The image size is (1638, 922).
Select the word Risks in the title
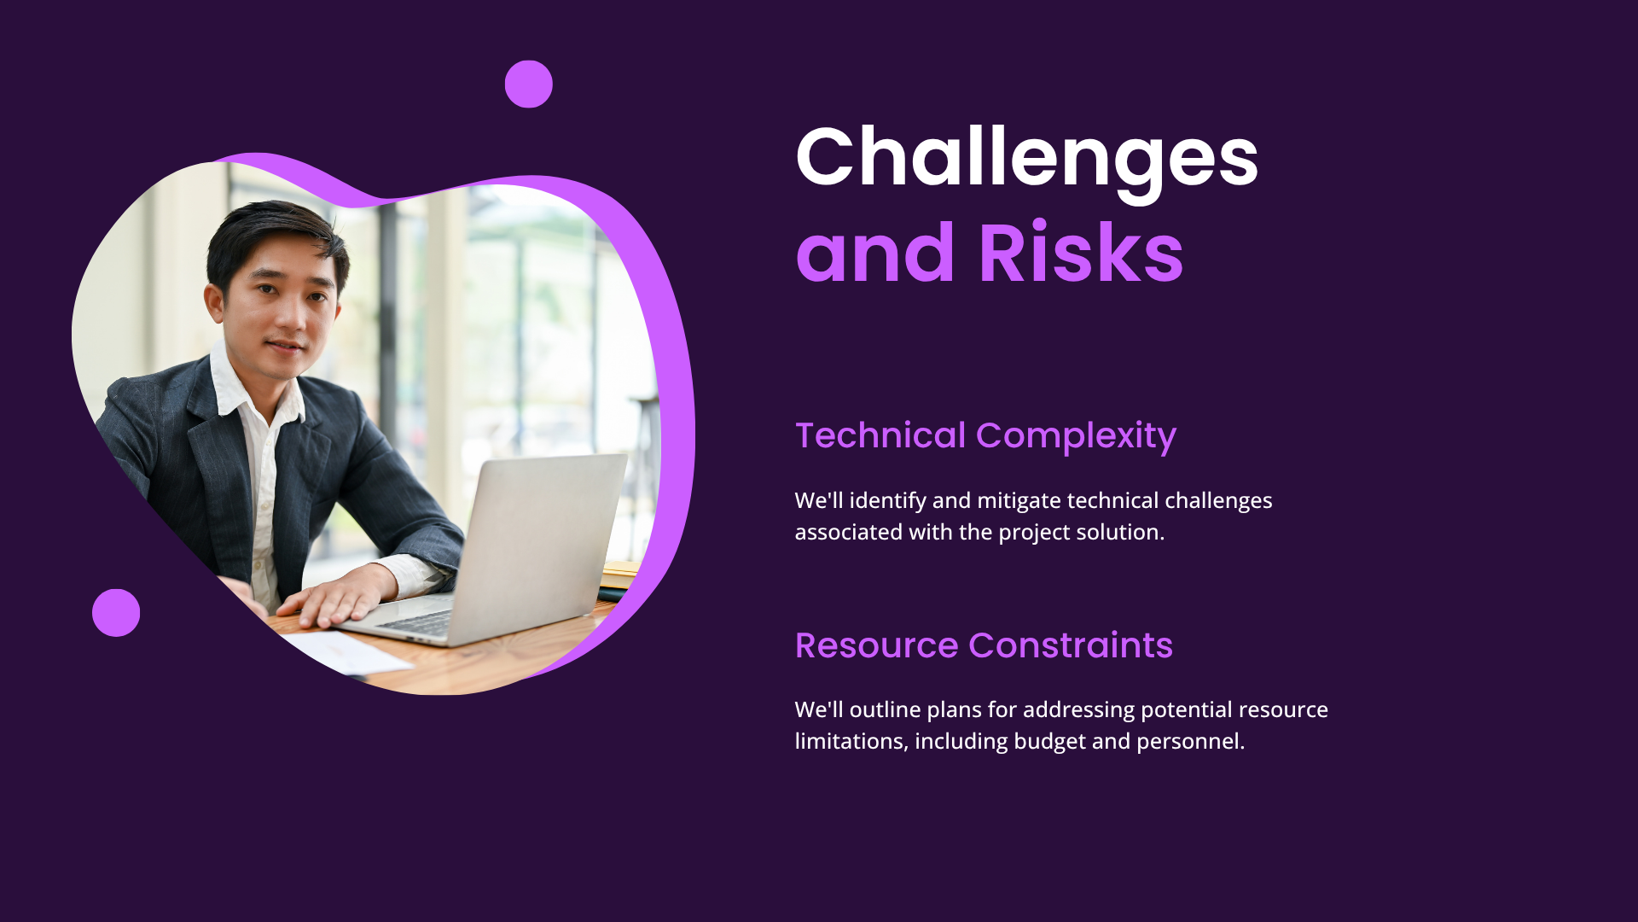[1081, 253]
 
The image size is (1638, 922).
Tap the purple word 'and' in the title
[875, 253]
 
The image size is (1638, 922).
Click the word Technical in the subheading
[880, 435]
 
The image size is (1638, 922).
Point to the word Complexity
[1077, 437]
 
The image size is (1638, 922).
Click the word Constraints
[1072, 645]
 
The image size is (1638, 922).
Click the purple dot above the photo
[529, 84]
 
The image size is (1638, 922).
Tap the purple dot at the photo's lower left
[116, 613]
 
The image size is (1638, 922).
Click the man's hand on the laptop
[336, 596]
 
